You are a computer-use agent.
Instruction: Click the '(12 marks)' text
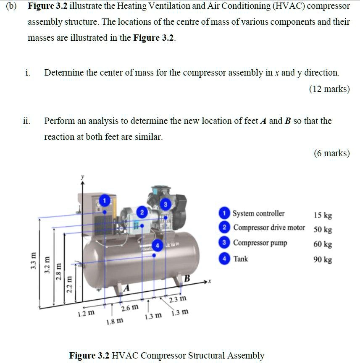(x=329, y=89)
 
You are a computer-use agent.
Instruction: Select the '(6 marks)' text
(x=331, y=153)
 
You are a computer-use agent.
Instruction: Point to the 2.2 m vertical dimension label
(x=70, y=284)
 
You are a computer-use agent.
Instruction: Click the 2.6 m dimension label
(x=129, y=309)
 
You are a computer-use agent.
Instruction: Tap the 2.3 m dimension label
(x=177, y=299)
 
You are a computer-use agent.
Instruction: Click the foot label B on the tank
(x=187, y=278)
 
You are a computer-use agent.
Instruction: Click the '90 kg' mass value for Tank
(x=323, y=259)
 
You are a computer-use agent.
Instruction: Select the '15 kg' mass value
(x=323, y=215)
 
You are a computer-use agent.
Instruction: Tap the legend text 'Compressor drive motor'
(x=269, y=228)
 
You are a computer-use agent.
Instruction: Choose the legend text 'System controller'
(x=258, y=213)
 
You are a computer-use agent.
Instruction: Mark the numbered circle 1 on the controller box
(x=105, y=199)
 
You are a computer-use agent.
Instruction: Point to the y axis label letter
(x=82, y=178)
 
